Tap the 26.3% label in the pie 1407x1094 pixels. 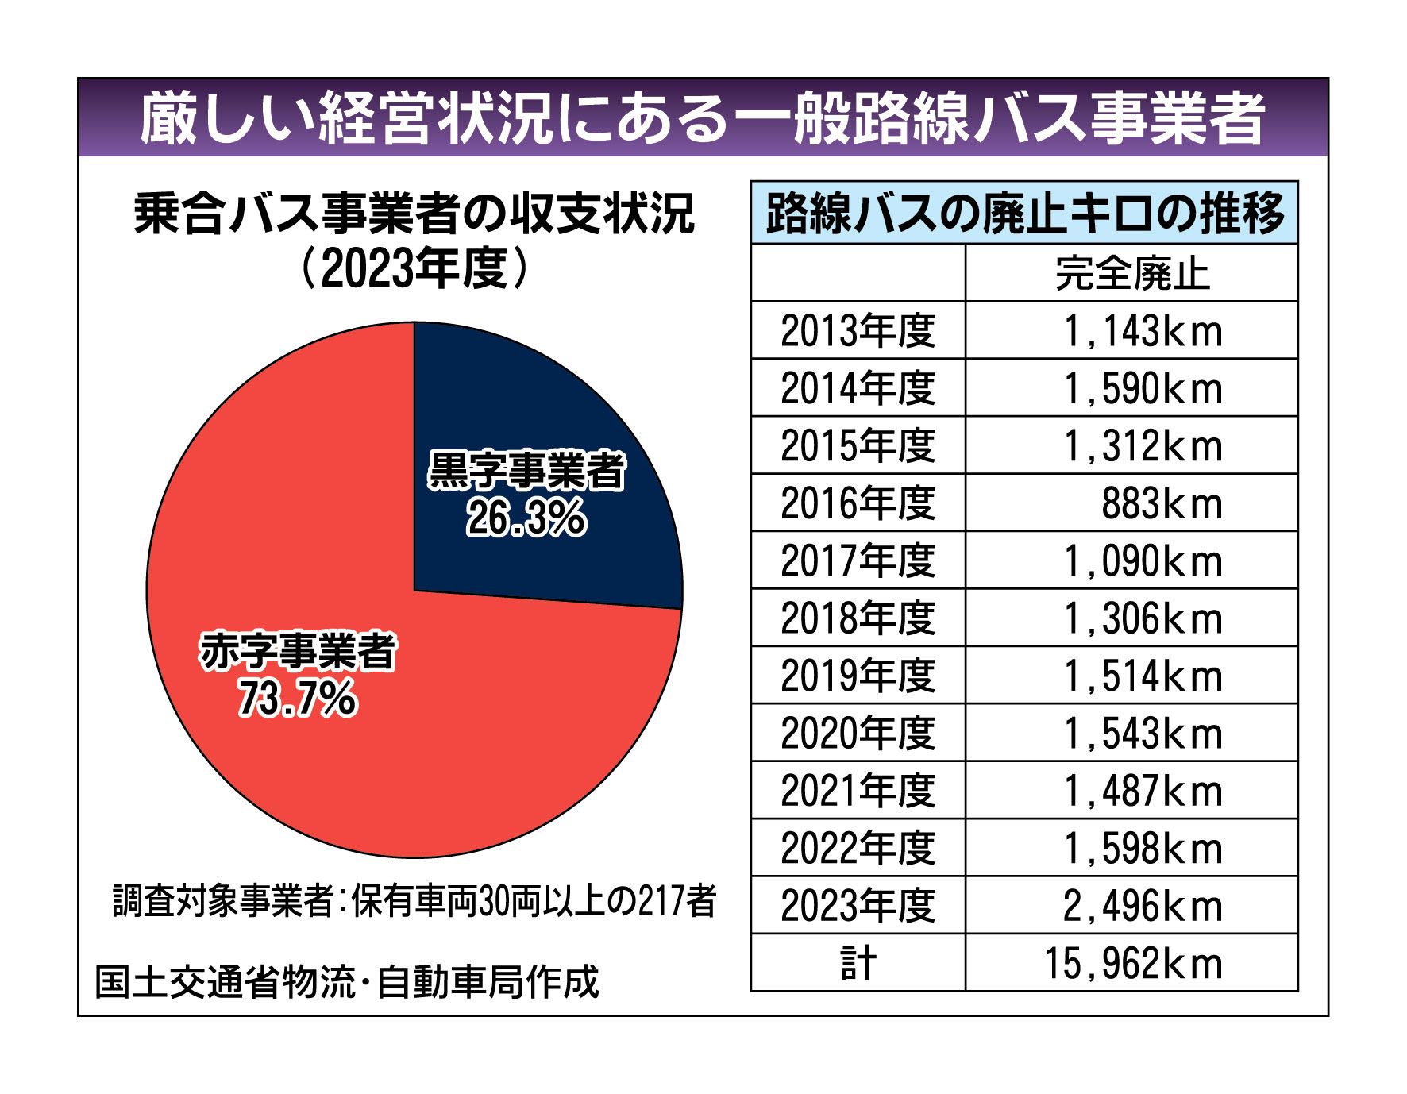click(526, 519)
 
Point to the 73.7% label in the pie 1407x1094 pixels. click(298, 699)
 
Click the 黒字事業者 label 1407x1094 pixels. click(526, 472)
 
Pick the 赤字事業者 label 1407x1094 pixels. click(298, 653)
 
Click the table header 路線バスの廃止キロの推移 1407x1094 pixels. click(1024, 213)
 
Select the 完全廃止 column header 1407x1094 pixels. click(1131, 274)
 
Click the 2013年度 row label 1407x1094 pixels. click(858, 331)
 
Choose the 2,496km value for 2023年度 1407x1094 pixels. click(1142, 907)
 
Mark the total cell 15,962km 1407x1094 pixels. click(1132, 964)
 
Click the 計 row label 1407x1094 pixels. click(858, 964)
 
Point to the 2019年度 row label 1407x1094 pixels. click(858, 676)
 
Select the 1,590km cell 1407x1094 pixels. click(1142, 389)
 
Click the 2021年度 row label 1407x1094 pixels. click(858, 792)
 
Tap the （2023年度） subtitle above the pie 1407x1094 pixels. click(414, 270)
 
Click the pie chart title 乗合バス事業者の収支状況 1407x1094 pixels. click(414, 214)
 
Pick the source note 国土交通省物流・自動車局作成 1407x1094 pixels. click(347, 982)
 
